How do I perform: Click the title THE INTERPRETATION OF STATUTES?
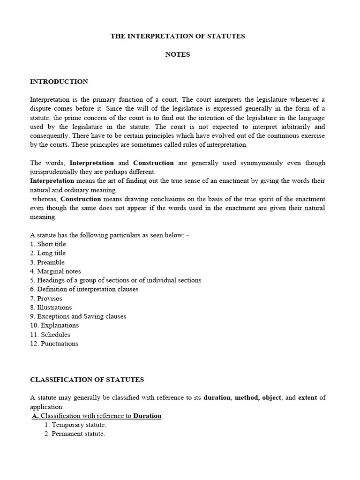pyautogui.click(x=178, y=36)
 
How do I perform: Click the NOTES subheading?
pyautogui.click(x=178, y=54)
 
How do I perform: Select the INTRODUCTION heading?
pyautogui.click(x=59, y=82)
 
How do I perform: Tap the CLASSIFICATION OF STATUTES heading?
pyautogui.click(x=87, y=379)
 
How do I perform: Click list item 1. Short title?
pyautogui.click(x=48, y=244)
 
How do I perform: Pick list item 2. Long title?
pyautogui.click(x=48, y=253)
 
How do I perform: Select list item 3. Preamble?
pyautogui.click(x=47, y=262)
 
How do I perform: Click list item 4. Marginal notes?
pyautogui.click(x=55, y=271)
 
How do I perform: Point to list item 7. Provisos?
pyautogui.click(x=46, y=299)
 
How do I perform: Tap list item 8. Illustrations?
pyautogui.click(x=51, y=307)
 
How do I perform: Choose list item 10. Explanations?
pyautogui.click(x=54, y=325)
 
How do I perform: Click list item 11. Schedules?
pyautogui.click(x=50, y=335)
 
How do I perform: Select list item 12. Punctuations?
pyautogui.click(x=54, y=344)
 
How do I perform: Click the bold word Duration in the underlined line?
pyautogui.click(x=147, y=416)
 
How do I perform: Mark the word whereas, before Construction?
pyautogui.click(x=45, y=199)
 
